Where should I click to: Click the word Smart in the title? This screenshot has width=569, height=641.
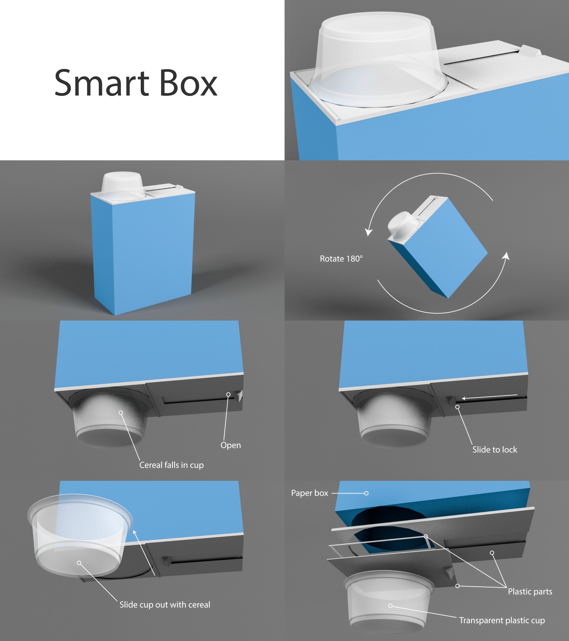pyautogui.click(x=102, y=83)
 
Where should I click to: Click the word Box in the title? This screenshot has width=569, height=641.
pyautogui.click(x=189, y=83)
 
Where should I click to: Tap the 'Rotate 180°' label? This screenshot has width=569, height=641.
pyautogui.click(x=341, y=259)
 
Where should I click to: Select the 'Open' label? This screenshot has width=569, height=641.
pyautogui.click(x=231, y=445)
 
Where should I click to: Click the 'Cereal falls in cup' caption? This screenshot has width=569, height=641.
pyautogui.click(x=172, y=465)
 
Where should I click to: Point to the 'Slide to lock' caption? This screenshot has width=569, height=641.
pyautogui.click(x=495, y=449)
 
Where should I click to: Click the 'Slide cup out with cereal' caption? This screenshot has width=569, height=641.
pyautogui.click(x=165, y=605)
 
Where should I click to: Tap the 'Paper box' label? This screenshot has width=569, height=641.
pyautogui.click(x=309, y=493)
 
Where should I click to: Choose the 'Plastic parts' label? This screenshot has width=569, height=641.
pyautogui.click(x=530, y=591)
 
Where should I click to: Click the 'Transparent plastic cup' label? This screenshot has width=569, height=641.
pyautogui.click(x=502, y=620)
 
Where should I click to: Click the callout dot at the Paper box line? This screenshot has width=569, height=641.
pyautogui.click(x=366, y=493)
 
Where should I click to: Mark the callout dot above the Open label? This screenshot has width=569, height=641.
pyautogui.click(x=228, y=394)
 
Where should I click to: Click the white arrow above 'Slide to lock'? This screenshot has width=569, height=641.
pyautogui.click(x=490, y=397)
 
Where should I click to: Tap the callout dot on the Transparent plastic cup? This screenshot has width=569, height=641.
pyautogui.click(x=390, y=606)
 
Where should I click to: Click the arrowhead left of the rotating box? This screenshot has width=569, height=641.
pyautogui.click(x=368, y=232)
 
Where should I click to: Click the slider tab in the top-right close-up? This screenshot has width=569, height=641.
pyautogui.click(x=530, y=51)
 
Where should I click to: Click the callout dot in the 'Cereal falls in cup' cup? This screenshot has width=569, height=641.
pyautogui.click(x=121, y=412)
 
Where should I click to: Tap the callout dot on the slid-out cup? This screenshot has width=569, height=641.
pyautogui.click(x=79, y=562)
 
